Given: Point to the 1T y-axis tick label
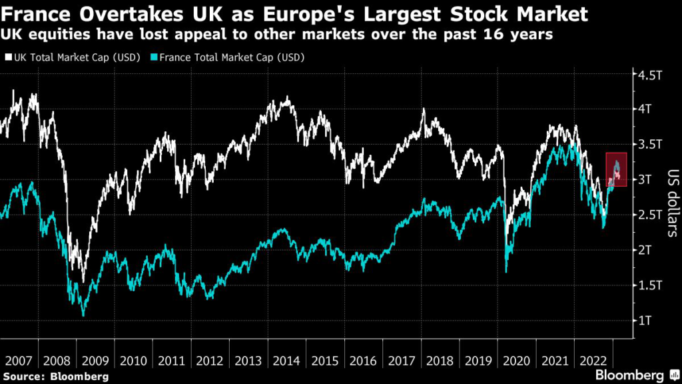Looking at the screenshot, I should (646, 321).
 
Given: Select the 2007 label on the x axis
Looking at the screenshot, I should (19, 361).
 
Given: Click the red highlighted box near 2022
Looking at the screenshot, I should (616, 169).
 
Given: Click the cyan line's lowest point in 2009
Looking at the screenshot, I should (83, 315).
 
